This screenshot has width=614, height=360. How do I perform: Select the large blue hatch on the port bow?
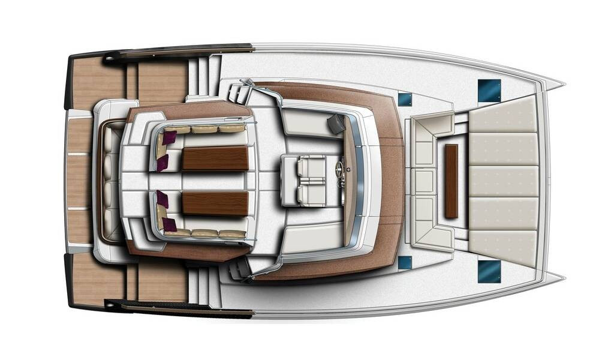(x=489, y=89)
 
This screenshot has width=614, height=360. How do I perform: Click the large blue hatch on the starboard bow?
(x=489, y=271)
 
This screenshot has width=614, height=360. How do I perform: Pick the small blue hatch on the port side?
(x=405, y=99)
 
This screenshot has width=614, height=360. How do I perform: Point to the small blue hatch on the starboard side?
(x=405, y=262)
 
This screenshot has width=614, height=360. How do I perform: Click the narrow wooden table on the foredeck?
(x=451, y=181)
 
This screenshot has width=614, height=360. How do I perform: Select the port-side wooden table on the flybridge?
(x=215, y=158)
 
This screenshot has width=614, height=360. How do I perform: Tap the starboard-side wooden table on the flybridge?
(x=215, y=203)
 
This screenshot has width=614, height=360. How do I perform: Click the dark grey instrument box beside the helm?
(x=336, y=124)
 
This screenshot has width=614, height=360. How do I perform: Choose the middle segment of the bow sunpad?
(x=502, y=181)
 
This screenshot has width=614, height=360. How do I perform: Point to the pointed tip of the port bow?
(x=562, y=84)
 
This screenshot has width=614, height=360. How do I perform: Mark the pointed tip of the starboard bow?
(x=562, y=277)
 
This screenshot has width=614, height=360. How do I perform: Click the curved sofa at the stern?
(x=109, y=181)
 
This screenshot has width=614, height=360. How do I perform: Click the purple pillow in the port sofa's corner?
(x=168, y=137)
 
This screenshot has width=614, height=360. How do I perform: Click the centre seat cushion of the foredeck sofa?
(x=425, y=181)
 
